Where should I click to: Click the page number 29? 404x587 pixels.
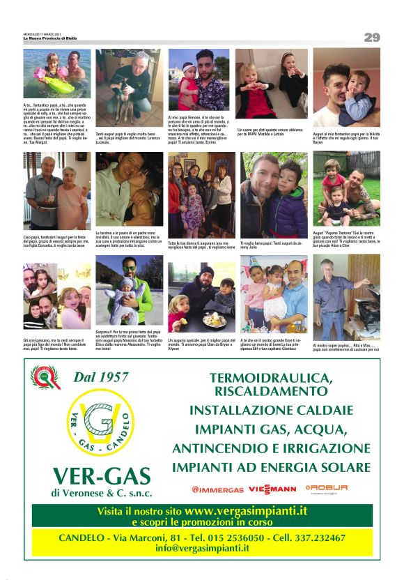[371, 37]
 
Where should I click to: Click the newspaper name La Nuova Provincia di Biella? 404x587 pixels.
[50, 38]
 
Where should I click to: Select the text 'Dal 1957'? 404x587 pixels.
[101, 377]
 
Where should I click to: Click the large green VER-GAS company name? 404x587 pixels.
[101, 476]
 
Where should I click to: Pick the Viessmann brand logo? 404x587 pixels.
[272, 489]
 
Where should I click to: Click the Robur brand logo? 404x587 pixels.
[326, 488]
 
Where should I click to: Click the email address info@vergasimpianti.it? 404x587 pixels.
[202, 548]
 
